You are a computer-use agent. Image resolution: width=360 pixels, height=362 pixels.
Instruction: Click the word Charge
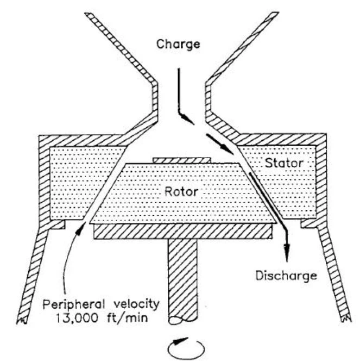tap(178, 45)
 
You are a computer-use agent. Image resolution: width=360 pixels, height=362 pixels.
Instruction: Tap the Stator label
tap(283, 163)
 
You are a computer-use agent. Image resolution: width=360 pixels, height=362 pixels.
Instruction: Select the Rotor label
tap(181, 192)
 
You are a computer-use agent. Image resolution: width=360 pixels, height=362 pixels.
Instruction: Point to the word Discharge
tap(286, 276)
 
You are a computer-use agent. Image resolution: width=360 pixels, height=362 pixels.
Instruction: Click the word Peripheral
tap(73, 304)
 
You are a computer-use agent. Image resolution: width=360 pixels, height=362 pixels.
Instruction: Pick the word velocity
tap(137, 304)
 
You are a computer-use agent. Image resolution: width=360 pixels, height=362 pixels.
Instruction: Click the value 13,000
tap(77, 318)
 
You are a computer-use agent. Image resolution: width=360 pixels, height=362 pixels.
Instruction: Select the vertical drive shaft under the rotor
tap(183, 281)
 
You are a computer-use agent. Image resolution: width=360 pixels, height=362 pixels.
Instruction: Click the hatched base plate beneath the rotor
tap(182, 231)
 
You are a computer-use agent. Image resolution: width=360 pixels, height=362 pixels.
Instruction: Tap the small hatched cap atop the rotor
tap(182, 160)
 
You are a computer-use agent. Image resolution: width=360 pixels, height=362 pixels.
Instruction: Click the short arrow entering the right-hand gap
tap(220, 144)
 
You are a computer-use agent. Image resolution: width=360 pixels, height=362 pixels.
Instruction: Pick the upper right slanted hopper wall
tap(242, 48)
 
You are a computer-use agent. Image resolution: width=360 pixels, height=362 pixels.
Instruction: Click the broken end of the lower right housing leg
tap(346, 319)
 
